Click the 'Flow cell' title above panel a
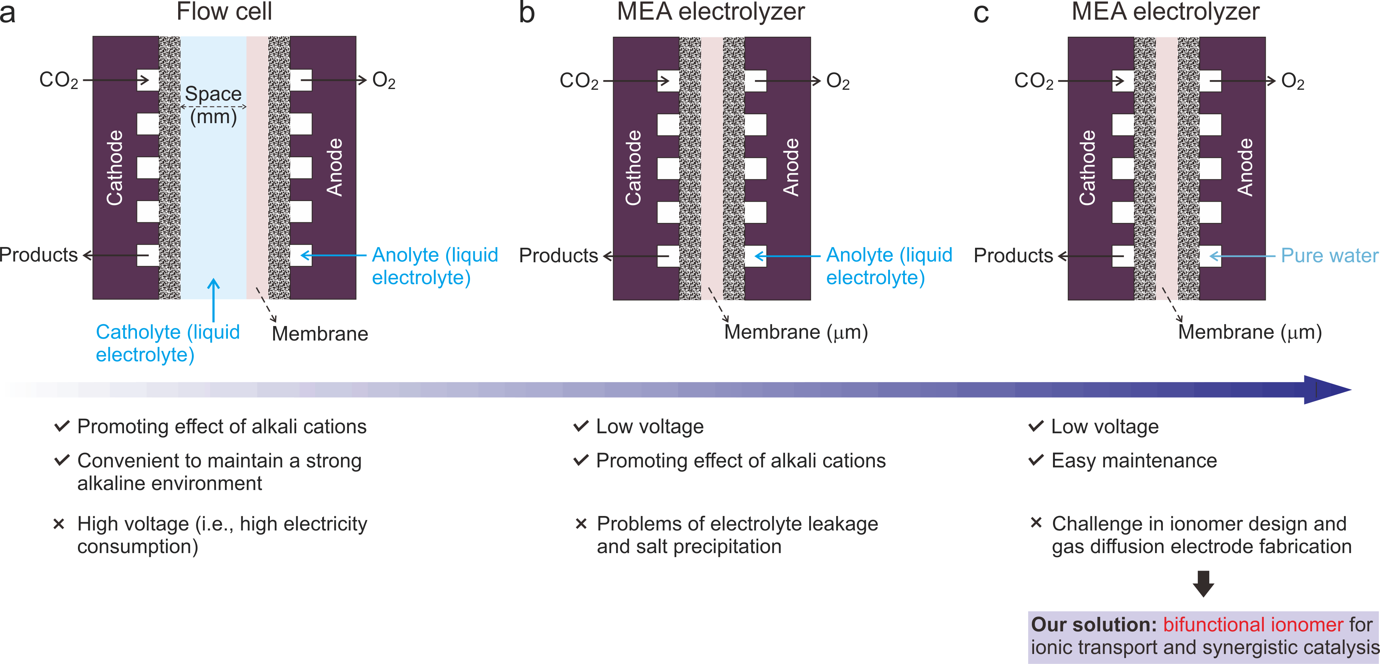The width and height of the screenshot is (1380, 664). point(225,12)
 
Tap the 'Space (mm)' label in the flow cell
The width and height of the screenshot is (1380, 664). point(213,105)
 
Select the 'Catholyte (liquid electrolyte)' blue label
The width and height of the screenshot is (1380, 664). point(167,343)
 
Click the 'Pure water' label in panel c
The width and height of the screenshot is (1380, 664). point(1328,256)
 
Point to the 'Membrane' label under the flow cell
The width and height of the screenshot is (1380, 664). point(320,333)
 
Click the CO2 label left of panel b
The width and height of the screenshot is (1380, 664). point(579,81)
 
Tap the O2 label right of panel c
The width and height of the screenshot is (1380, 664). point(1292,81)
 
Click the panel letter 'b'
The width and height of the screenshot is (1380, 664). point(527,13)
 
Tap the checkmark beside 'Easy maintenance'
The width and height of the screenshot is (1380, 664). point(1036,460)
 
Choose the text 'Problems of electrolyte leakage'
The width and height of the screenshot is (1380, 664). point(737,524)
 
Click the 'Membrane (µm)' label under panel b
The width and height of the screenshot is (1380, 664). point(795,332)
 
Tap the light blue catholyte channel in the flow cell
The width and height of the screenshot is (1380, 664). point(213,204)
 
